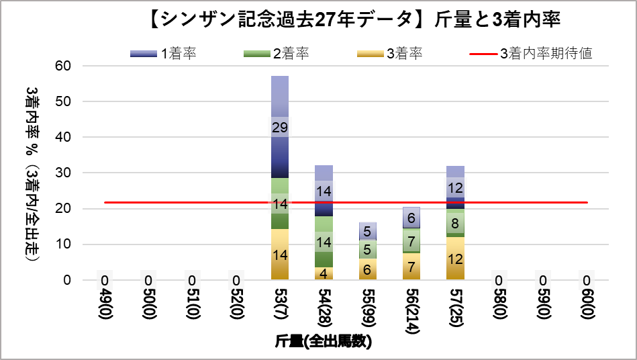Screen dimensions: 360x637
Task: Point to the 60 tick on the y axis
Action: [63, 66]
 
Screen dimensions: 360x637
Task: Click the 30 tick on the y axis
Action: [63, 173]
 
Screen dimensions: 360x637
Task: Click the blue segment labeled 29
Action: [280, 127]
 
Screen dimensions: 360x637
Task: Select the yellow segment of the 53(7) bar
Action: [280, 255]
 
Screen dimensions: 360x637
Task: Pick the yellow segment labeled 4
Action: [324, 273]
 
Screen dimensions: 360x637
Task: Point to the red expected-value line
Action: [201, 202]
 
